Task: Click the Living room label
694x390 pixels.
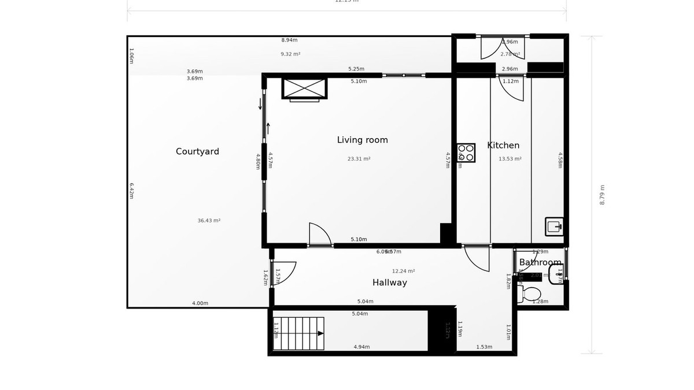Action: pyautogui.click(x=362, y=140)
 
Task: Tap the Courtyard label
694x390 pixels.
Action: pyautogui.click(x=197, y=151)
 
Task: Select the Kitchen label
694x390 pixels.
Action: pyautogui.click(x=503, y=146)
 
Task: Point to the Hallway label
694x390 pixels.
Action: pyautogui.click(x=389, y=283)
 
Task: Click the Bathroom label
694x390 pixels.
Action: pyautogui.click(x=540, y=262)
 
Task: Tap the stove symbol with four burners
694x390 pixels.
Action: pyautogui.click(x=466, y=153)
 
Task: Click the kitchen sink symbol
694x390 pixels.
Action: pyautogui.click(x=553, y=226)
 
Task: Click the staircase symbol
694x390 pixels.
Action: pyautogui.click(x=298, y=333)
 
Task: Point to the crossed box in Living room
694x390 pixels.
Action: pyautogui.click(x=304, y=88)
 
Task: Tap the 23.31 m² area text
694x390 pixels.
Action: pyautogui.click(x=359, y=159)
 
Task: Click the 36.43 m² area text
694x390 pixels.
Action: pyautogui.click(x=209, y=220)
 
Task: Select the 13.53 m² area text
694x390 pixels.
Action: pyautogui.click(x=510, y=159)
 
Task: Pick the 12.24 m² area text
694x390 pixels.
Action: pyautogui.click(x=403, y=271)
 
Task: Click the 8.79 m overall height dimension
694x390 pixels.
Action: pyautogui.click(x=602, y=195)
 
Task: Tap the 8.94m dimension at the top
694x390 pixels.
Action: pyautogui.click(x=289, y=40)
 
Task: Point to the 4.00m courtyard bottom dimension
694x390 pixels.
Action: pyautogui.click(x=200, y=303)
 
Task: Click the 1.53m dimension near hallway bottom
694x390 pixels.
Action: pyautogui.click(x=484, y=347)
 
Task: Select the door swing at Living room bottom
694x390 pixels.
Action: pyautogui.click(x=320, y=235)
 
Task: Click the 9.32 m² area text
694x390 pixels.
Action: pyautogui.click(x=290, y=54)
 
